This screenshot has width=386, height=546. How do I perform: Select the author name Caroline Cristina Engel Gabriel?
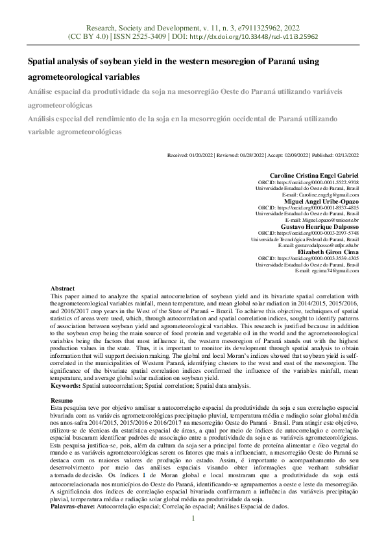[314, 176]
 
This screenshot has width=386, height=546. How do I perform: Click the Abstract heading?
[62, 288]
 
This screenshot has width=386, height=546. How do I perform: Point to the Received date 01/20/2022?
[202, 156]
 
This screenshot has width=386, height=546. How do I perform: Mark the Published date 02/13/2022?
[345, 156]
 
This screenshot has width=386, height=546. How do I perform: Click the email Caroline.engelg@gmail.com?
[331, 195]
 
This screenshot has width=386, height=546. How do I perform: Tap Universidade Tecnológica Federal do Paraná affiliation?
[305, 239]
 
